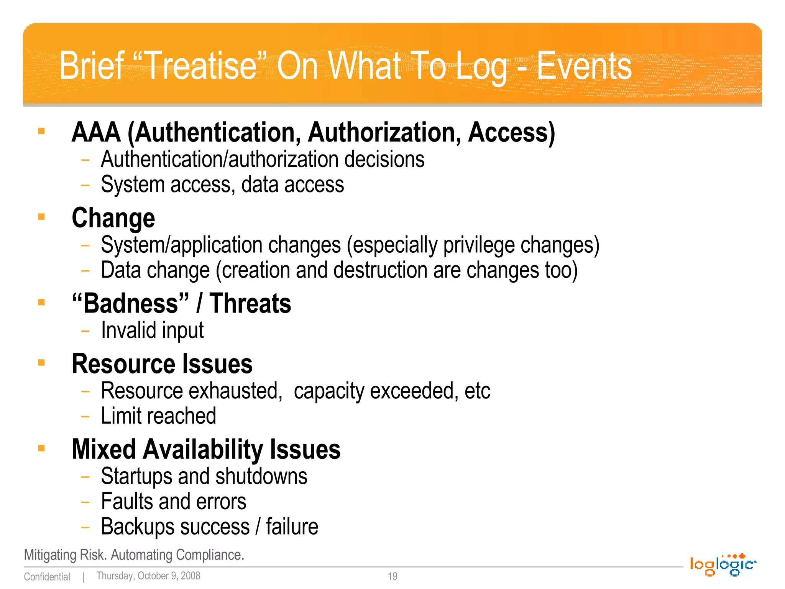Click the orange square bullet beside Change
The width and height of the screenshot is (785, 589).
[42, 217]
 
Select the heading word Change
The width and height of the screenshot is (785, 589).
[113, 218]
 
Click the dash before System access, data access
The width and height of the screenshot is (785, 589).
[85, 185]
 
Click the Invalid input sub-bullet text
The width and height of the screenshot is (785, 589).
[152, 331]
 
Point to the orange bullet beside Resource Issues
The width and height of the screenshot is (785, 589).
[42, 362]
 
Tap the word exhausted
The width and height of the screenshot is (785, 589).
[235, 391]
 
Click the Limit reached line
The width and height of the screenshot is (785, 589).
[158, 416]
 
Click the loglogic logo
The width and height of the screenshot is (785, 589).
[723, 564]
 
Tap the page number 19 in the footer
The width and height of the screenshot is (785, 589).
[392, 576]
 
